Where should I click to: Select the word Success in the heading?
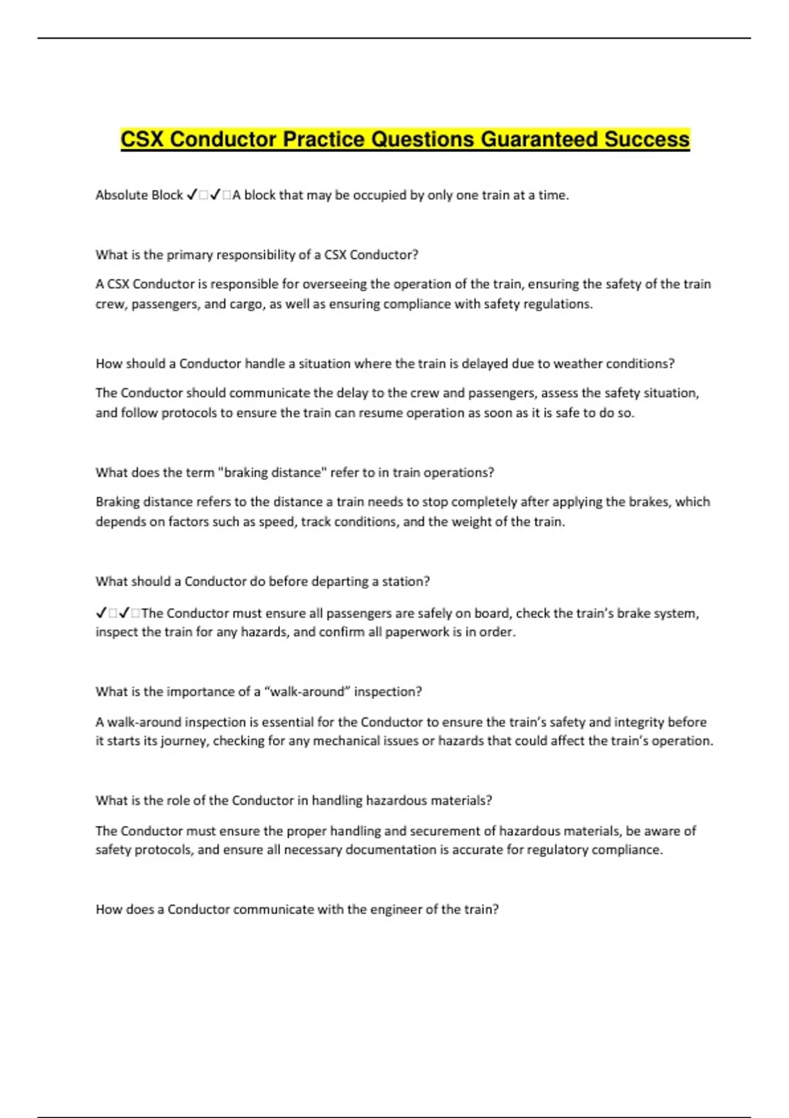(647, 139)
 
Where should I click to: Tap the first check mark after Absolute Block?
(192, 195)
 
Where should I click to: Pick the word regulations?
(558, 304)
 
